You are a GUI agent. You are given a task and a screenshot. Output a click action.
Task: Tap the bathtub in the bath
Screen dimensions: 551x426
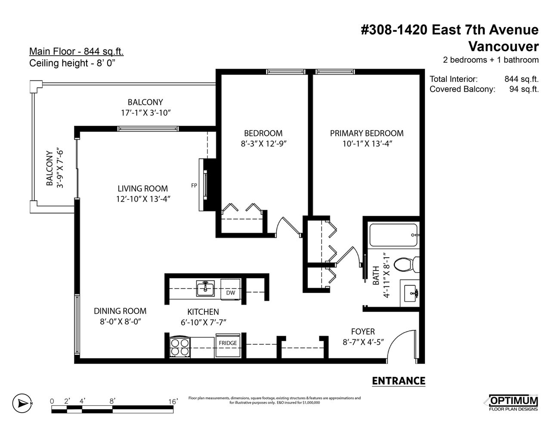click(x=393, y=235)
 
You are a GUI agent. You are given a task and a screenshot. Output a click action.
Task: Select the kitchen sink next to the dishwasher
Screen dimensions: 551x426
click(x=205, y=288)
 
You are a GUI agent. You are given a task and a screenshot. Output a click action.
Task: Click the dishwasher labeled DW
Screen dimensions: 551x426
click(x=230, y=289)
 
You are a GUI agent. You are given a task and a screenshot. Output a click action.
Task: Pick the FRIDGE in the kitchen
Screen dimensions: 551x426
click(x=228, y=346)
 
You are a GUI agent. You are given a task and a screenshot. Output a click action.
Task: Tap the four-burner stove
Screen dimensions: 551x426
click(x=180, y=347)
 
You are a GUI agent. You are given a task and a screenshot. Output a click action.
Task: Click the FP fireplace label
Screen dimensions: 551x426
click(x=194, y=186)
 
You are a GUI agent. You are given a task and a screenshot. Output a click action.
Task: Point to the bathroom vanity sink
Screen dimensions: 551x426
click(x=410, y=293)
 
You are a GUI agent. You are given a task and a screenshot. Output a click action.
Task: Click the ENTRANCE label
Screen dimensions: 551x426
click(x=399, y=381)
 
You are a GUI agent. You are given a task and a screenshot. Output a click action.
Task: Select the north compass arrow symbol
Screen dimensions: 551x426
click(x=22, y=403)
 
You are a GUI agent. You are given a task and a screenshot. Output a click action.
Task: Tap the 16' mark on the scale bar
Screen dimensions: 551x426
click(x=173, y=401)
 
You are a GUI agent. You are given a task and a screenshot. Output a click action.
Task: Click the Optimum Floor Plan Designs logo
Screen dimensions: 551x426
click(x=513, y=403)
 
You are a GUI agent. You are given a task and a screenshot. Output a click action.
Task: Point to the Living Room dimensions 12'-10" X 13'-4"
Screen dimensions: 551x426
click(x=143, y=199)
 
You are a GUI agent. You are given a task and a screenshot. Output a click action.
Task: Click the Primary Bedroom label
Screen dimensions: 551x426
click(x=367, y=133)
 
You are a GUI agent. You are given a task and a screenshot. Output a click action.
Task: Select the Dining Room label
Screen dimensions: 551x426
click(x=120, y=311)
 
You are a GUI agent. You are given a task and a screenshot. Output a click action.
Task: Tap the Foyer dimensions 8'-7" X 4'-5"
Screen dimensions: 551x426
click(x=363, y=342)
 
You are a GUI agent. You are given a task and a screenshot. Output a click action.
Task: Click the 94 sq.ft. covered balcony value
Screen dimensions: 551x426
click(x=524, y=89)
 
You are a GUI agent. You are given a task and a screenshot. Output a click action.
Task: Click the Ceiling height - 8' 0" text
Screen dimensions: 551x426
click(x=72, y=63)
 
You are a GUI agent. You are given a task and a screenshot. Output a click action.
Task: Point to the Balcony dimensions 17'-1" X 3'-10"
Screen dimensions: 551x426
click(x=146, y=113)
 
